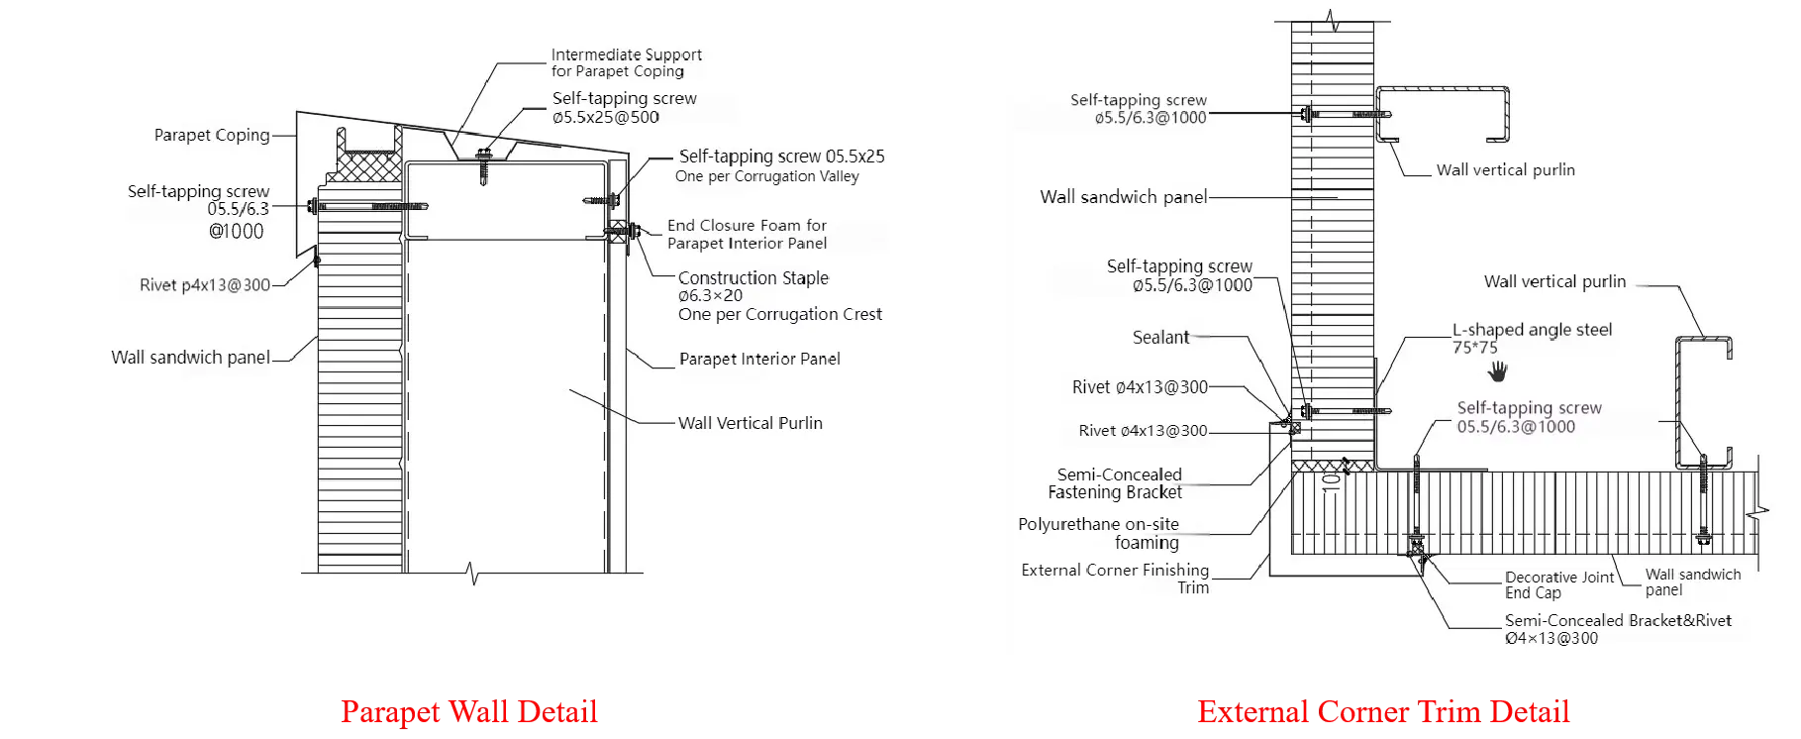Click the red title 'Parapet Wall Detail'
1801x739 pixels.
click(x=470, y=712)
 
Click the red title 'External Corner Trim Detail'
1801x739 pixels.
click(x=1384, y=712)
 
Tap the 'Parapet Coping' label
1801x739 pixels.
click(x=212, y=135)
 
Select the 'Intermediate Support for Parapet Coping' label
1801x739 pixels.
click(x=626, y=62)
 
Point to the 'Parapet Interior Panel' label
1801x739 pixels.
click(x=759, y=359)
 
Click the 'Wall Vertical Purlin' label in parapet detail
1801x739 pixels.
click(x=750, y=423)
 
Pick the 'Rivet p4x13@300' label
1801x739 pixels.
click(x=205, y=285)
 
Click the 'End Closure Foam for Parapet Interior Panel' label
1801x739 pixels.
click(x=747, y=234)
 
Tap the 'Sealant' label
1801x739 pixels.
click(x=1160, y=337)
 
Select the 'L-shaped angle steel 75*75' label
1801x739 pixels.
click(x=1532, y=338)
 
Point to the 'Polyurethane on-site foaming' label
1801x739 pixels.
click(x=1099, y=533)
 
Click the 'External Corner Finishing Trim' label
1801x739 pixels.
click(x=1116, y=579)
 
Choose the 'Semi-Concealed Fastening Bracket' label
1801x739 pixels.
click(x=1115, y=483)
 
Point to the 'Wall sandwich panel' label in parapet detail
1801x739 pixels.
click(x=190, y=358)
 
